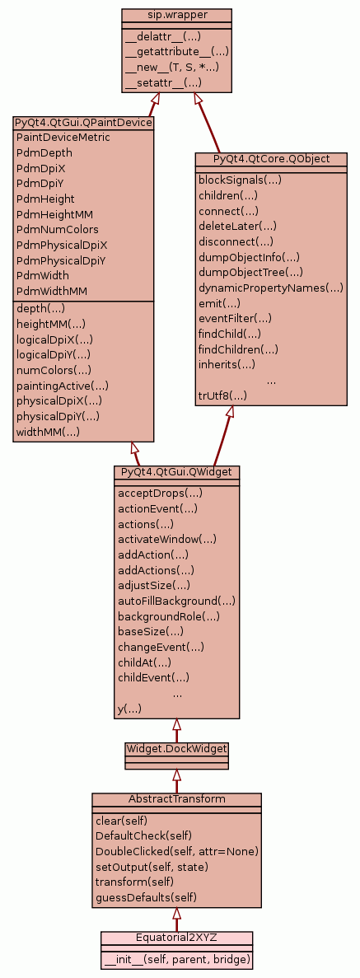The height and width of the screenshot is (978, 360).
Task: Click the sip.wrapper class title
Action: tap(176, 15)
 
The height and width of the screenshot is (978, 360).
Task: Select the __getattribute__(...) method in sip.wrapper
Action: tap(177, 52)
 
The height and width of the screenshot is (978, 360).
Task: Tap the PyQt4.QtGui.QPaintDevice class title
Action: tap(83, 122)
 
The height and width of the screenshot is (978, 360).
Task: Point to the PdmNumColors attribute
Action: tap(58, 230)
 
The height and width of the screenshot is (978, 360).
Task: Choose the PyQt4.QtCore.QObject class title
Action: tap(271, 159)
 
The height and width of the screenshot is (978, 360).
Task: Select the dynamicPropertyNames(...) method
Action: tap(271, 288)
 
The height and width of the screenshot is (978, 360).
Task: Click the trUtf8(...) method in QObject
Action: tap(222, 395)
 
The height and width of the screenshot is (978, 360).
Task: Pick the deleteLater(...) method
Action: tap(238, 227)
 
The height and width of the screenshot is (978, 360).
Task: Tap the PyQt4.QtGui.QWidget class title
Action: tap(176, 471)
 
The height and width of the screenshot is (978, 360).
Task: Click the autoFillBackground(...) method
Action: tap(176, 601)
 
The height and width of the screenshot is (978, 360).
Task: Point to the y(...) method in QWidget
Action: tap(130, 709)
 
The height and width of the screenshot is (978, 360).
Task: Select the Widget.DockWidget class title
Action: tap(176, 748)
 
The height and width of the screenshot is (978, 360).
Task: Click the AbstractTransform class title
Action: tap(176, 799)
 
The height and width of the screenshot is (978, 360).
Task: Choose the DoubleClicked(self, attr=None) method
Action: tap(176, 851)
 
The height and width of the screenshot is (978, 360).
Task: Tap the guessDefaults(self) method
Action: tap(146, 897)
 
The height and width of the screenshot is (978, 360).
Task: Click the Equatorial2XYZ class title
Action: tap(176, 938)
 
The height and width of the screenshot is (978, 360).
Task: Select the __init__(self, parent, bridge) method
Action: tap(176, 959)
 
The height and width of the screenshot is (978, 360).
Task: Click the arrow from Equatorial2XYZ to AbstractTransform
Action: tap(176, 920)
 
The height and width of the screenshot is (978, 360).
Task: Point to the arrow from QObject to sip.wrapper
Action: tap(208, 123)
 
